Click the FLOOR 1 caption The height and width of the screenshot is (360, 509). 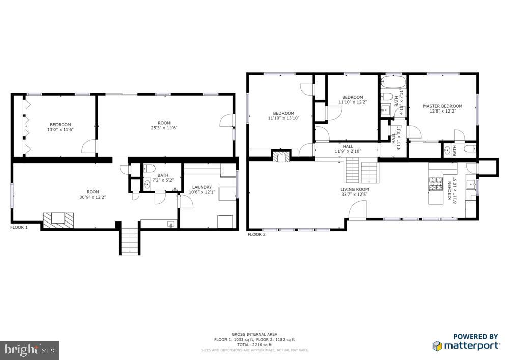pos(19,227)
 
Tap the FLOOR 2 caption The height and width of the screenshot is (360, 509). pos(256,234)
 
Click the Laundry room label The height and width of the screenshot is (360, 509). pos(202,187)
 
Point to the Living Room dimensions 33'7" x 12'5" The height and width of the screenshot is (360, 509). pos(354,195)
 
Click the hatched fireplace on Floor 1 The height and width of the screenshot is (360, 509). pos(58,219)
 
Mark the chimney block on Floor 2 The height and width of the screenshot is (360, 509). pos(280,156)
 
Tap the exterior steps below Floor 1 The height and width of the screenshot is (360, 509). pos(129,241)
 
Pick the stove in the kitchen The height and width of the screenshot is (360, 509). pos(436,183)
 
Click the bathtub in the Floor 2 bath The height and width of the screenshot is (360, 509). pos(392,82)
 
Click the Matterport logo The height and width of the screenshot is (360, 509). pos(466,342)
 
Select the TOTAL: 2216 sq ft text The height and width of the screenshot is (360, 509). pos(254,345)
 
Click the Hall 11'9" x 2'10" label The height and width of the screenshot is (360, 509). pos(348,149)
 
